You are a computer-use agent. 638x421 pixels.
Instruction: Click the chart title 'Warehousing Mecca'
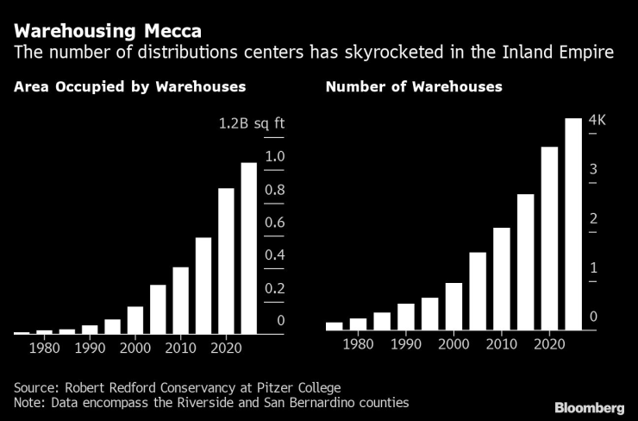(108, 31)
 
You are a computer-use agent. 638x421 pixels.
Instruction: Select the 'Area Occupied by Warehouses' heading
(129, 87)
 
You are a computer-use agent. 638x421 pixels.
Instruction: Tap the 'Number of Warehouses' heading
(413, 87)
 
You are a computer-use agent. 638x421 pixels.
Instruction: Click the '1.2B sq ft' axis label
(251, 123)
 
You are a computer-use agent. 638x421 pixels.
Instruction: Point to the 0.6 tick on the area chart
(274, 223)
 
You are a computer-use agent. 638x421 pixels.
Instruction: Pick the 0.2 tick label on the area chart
(274, 288)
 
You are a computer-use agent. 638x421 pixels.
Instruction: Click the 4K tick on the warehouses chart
(597, 121)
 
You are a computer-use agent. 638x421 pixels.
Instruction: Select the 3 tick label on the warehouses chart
(593, 170)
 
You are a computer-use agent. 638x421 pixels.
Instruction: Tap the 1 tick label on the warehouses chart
(593, 268)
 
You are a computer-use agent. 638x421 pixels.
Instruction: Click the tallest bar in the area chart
(248, 248)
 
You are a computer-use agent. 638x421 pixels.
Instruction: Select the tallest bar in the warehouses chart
(573, 224)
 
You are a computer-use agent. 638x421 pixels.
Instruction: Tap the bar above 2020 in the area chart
(226, 261)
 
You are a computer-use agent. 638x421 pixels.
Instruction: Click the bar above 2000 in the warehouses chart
(453, 306)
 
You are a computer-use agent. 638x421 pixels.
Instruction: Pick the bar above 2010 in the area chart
(180, 299)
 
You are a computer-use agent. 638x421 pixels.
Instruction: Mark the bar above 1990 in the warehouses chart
(405, 317)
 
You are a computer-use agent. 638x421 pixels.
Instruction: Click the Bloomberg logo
(589, 406)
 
